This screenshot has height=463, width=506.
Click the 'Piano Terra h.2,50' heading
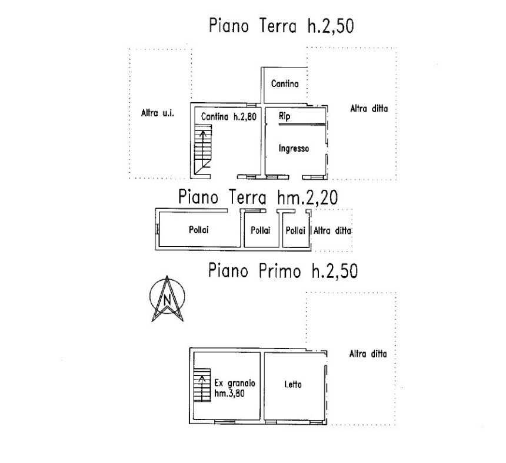281,25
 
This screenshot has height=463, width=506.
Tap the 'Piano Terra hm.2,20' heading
258,197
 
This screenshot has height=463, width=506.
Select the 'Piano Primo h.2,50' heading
282,271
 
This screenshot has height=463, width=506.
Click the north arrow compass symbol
167,298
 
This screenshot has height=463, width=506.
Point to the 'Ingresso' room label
294,149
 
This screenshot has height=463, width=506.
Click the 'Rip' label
284,116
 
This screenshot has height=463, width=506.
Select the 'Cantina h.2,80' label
228,116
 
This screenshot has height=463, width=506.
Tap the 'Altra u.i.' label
158,113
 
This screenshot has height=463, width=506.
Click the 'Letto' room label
293,384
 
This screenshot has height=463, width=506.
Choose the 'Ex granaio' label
235,384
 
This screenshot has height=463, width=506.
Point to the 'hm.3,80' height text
229,393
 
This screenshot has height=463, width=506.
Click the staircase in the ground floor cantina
202,151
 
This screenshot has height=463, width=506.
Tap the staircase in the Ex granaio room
202,385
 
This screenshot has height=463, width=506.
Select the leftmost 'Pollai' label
199,230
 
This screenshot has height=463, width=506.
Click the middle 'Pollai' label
261,230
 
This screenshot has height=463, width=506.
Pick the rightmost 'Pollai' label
295,231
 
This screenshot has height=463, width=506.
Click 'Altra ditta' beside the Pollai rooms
332,231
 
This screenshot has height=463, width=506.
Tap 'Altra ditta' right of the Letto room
368,354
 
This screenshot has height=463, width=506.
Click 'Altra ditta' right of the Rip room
369,109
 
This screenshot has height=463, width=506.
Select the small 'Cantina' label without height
285,84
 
